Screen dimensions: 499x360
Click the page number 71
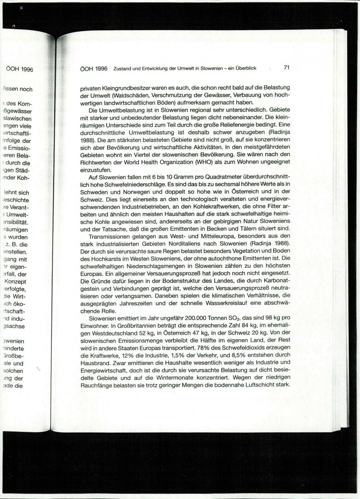coord(287,67)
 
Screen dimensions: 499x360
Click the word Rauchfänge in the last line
coord(94,385)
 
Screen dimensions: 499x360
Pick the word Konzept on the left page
coord(15,281)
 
